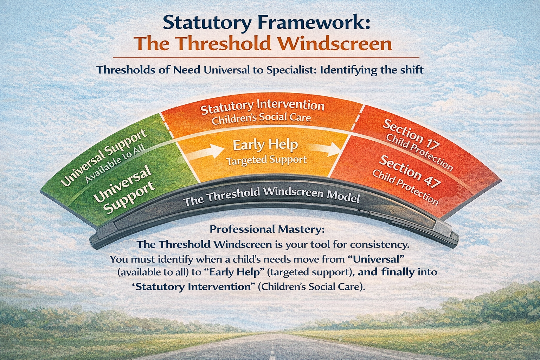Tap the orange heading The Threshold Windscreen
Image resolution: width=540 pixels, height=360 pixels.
(263, 43)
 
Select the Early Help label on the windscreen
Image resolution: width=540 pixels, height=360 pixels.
(265, 146)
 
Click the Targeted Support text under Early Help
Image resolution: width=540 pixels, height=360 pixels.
(266, 160)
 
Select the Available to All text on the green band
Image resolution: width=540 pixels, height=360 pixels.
(116, 163)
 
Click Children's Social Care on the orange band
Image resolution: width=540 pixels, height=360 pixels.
(261, 118)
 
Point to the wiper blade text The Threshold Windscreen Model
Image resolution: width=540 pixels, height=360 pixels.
(271, 196)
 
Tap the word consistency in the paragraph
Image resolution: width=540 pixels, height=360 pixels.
(380, 245)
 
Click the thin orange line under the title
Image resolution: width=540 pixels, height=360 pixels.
(266, 58)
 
